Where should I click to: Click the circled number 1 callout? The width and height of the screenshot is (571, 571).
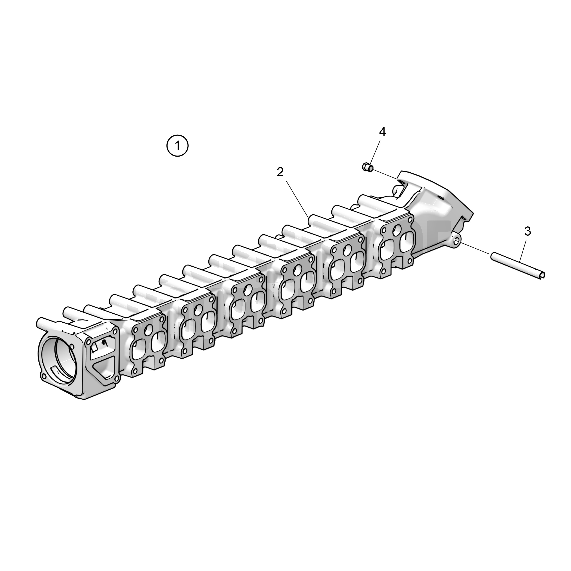tap(177, 146)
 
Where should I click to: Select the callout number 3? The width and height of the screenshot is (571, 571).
tap(528, 232)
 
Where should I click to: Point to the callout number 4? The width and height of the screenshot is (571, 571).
tap(382, 132)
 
